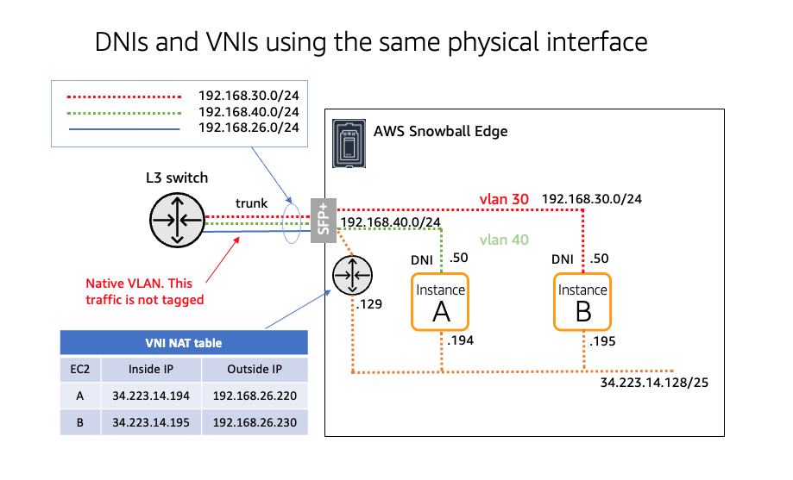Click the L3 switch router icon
[177, 216]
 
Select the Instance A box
[441, 301]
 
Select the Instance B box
[582, 301]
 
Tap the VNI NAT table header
[183, 343]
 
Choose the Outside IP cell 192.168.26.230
[255, 422]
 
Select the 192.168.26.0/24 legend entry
[249, 128]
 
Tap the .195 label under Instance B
[603, 342]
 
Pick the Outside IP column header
[255, 370]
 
